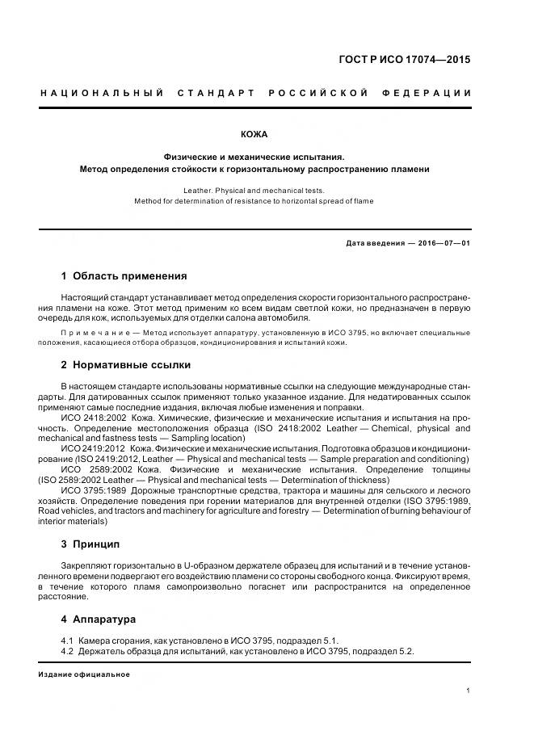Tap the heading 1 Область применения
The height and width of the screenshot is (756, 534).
(124, 275)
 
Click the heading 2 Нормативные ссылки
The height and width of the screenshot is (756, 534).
(126, 364)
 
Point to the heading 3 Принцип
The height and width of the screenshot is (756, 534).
(90, 544)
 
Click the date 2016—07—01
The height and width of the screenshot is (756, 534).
(443, 243)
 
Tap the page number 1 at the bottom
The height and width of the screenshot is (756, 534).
(469, 691)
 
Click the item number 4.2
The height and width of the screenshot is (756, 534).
(67, 651)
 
